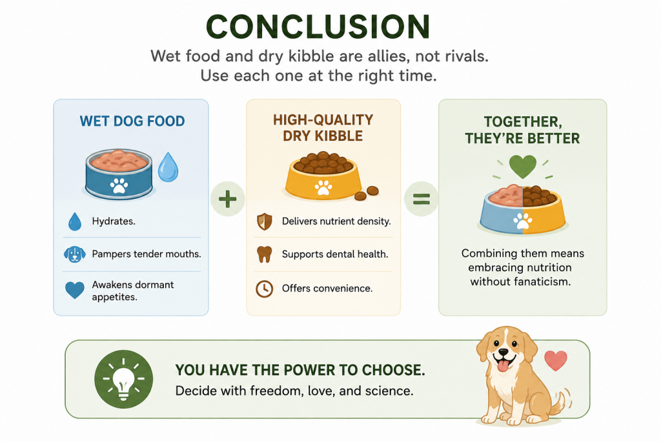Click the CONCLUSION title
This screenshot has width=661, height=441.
click(x=318, y=26)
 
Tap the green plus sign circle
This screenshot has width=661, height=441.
click(x=228, y=199)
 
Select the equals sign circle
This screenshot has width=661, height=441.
click(x=421, y=199)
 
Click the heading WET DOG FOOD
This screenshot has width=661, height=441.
click(x=132, y=121)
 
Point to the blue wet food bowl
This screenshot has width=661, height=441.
click(x=119, y=173)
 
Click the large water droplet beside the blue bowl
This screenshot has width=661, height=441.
click(x=168, y=167)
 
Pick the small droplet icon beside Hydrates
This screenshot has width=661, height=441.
click(x=75, y=221)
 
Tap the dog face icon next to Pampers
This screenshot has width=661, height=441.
click(x=75, y=254)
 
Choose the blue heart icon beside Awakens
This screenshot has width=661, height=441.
click(x=75, y=291)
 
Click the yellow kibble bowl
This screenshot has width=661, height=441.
click(x=323, y=176)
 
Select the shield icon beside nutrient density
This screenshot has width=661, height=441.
click(x=264, y=221)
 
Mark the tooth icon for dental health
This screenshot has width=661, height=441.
click(x=264, y=254)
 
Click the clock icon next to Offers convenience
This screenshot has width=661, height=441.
click(x=264, y=289)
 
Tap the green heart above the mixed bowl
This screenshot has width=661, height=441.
click(x=523, y=166)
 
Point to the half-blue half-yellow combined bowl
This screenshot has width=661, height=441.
click(x=523, y=209)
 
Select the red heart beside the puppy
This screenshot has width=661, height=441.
click(x=556, y=360)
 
